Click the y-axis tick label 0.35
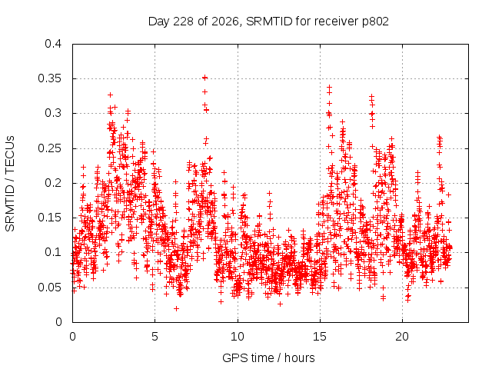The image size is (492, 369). [x=49, y=78]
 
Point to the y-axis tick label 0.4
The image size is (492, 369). [x=53, y=44]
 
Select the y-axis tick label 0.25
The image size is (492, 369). [x=49, y=148]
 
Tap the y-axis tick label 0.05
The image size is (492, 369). [x=49, y=288]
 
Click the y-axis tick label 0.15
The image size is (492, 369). [x=49, y=218]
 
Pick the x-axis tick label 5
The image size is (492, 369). [x=155, y=337]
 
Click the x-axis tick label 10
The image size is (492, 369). [x=238, y=337]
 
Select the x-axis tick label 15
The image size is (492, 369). [x=320, y=337]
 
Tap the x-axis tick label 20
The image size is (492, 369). [x=402, y=337]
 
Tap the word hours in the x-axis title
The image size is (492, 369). [x=299, y=357]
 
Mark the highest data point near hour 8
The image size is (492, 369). [x=204, y=78]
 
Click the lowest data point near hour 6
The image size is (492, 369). [x=176, y=309]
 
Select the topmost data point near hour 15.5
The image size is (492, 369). [x=329, y=87]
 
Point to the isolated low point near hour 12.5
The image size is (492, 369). [x=280, y=304]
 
